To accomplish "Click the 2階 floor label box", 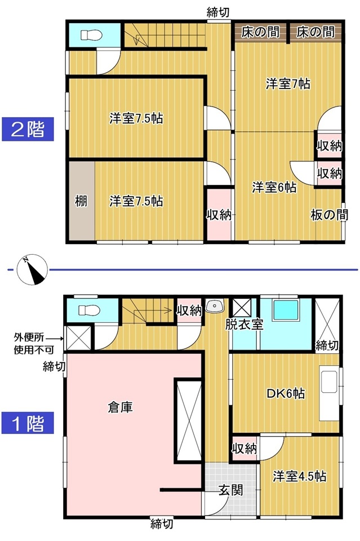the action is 28,129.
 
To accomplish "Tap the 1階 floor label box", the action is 28,423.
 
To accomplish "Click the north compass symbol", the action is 32,269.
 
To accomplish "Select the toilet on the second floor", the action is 91,35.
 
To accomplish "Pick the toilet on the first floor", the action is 90,310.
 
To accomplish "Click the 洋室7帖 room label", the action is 288,84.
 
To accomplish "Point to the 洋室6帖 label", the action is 274,188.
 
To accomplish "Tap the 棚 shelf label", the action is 81,201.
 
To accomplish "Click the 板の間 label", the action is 329,215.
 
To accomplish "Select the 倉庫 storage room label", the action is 121,407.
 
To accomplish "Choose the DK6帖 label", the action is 286,393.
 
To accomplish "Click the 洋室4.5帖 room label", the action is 299,477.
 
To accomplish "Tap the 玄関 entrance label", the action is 230,490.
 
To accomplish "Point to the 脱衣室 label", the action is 244,325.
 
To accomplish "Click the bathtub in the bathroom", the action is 286,310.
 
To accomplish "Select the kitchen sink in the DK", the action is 329,382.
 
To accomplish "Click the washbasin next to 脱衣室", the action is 215,305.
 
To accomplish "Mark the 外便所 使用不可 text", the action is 34,343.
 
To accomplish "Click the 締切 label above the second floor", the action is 218,12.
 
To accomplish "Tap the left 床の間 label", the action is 260,33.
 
